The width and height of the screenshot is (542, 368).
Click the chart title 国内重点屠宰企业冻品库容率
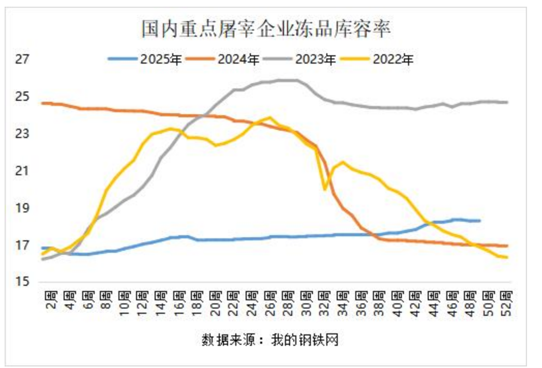point(266,28)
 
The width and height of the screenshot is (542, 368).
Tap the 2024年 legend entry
point(238,59)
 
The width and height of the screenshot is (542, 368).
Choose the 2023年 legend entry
point(315,59)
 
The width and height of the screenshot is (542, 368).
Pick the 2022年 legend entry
point(393,59)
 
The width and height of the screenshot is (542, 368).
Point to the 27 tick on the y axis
point(21,60)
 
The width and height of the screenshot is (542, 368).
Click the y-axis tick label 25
point(21,97)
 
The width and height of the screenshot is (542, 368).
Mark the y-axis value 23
point(21,134)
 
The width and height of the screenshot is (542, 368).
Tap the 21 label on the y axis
point(21,171)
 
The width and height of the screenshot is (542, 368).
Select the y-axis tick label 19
point(21,208)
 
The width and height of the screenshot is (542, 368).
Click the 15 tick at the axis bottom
point(21,282)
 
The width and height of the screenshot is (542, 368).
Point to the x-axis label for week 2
point(51,303)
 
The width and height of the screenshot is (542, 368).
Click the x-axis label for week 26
point(270,303)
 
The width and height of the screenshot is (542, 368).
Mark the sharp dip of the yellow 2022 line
point(325,189)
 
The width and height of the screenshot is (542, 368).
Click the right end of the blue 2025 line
point(479,221)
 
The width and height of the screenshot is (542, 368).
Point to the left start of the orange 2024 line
point(42,103)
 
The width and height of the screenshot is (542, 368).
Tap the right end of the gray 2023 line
point(507,102)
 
